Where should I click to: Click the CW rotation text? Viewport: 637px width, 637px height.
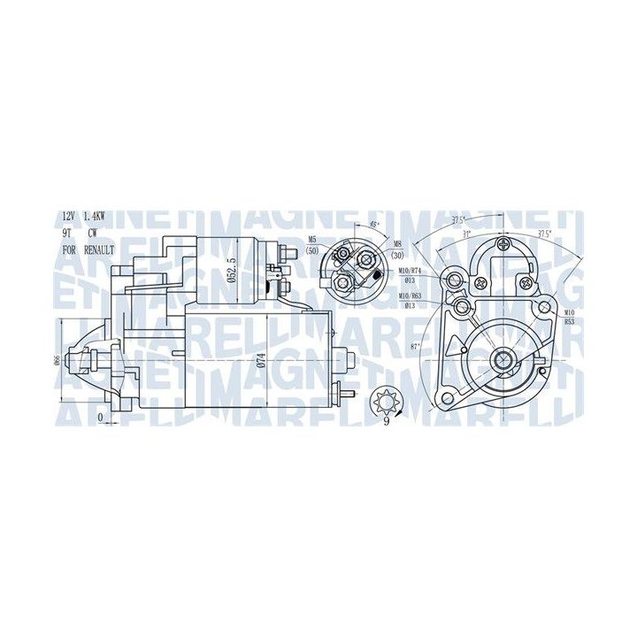pos(92,234)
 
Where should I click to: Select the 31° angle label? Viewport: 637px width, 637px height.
pos(466,234)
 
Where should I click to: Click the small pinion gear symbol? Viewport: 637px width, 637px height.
pos(386,396)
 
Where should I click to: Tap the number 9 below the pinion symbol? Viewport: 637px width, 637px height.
pos(386,419)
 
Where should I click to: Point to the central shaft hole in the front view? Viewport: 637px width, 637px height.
pos(503,358)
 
